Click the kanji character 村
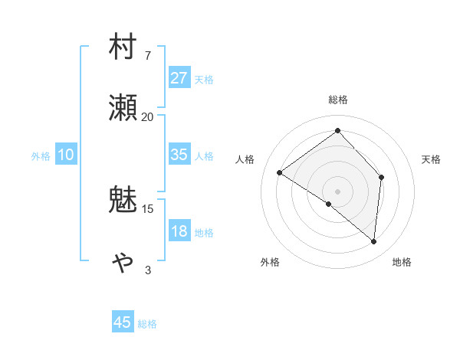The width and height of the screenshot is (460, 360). coord(123,48)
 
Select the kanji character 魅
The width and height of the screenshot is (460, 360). coord(123,201)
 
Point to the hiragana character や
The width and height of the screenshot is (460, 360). coord(123,262)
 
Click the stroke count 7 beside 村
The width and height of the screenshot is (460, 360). coord(148,56)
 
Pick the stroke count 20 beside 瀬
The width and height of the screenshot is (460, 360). coord(147,116)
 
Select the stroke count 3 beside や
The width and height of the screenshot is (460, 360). coord(148,270)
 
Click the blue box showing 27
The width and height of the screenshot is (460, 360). coord(179,78)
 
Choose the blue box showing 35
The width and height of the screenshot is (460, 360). coord(179,155)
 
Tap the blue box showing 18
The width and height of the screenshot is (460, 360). coord(179,231)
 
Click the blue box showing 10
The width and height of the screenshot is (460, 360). coord(66,155)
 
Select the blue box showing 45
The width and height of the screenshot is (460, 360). coord(123,322)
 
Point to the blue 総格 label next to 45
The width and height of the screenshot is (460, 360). coord(147,324)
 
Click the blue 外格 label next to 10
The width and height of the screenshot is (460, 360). coord(41,156)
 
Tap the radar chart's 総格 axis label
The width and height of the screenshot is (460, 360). coord(337,100)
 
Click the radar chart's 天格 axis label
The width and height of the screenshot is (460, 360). coord(431,159)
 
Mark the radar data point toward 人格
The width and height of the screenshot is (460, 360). coord(280,173)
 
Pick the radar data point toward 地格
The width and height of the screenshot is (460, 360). coord(373,241)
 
